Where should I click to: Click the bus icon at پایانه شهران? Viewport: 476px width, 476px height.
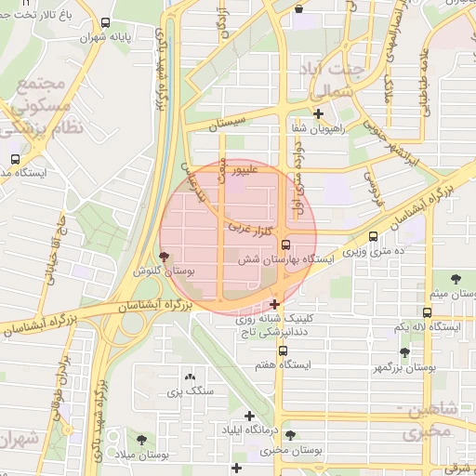105,23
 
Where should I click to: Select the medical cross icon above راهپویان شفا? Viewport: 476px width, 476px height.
319,114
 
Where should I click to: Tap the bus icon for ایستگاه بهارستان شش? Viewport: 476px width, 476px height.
285,245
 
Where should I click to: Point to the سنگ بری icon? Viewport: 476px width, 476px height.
191,377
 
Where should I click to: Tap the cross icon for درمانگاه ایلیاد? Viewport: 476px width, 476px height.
249,416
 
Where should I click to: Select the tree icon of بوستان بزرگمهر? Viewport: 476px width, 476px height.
404,352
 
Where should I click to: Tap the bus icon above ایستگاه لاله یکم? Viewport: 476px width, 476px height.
427,312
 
